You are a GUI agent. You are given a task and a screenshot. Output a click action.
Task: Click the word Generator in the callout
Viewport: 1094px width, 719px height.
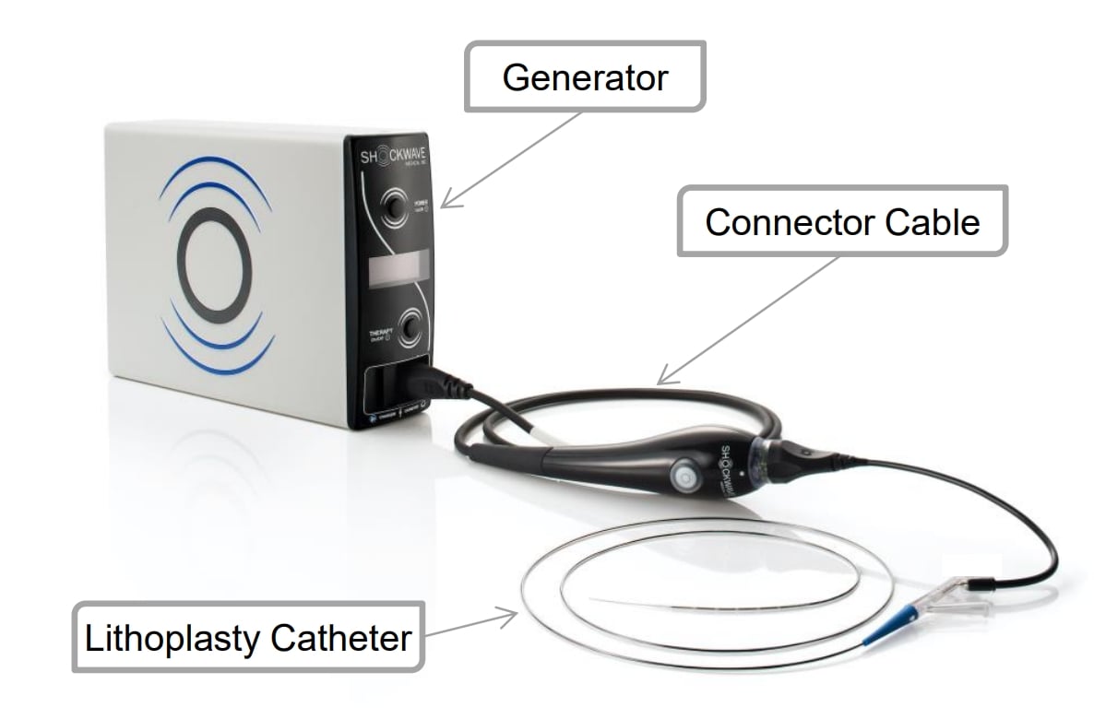[585, 77]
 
